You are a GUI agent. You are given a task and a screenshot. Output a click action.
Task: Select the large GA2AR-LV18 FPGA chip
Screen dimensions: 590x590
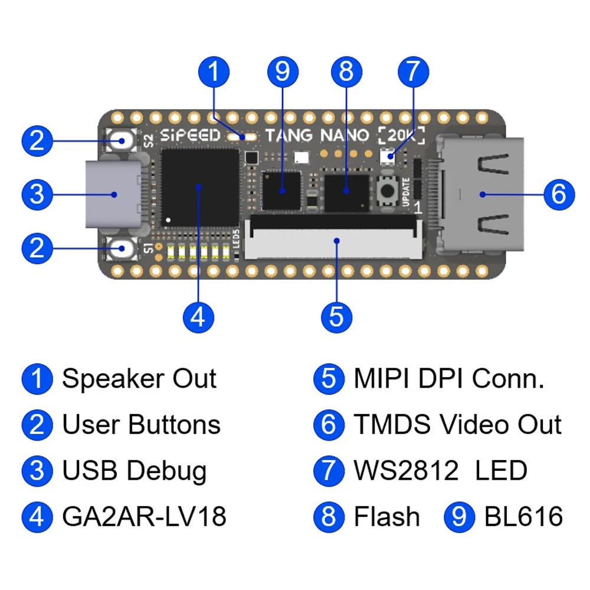(200, 188)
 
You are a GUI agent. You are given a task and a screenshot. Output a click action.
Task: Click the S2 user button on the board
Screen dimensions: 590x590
(121, 141)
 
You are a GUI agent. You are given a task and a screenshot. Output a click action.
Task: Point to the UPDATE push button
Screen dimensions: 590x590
(387, 191)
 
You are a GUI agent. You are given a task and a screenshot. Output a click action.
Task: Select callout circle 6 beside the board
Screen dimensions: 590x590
(559, 194)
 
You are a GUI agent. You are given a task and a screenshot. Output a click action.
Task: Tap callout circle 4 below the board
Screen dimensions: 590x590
(198, 317)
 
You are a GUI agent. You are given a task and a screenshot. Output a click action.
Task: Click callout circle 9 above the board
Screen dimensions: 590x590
(283, 71)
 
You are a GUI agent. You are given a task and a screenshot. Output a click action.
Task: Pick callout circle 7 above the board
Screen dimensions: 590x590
(413, 71)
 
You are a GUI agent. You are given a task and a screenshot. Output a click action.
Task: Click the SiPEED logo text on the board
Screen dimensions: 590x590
(190, 135)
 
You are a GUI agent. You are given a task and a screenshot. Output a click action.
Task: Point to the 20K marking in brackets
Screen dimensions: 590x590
(401, 136)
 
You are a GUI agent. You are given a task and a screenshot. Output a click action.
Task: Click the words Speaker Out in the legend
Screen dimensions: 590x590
(139, 378)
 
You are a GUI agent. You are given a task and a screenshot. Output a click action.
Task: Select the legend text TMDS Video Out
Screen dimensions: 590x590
(458, 424)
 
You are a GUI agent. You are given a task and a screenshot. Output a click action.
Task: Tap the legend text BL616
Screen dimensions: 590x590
(523, 516)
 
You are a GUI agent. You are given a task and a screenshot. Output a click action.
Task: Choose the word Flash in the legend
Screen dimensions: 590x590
(387, 516)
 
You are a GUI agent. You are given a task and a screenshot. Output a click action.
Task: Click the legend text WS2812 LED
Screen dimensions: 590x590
(441, 470)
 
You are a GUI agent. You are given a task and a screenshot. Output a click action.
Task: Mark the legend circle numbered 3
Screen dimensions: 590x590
(37, 471)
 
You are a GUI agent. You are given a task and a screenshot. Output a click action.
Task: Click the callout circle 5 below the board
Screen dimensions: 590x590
(336, 317)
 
